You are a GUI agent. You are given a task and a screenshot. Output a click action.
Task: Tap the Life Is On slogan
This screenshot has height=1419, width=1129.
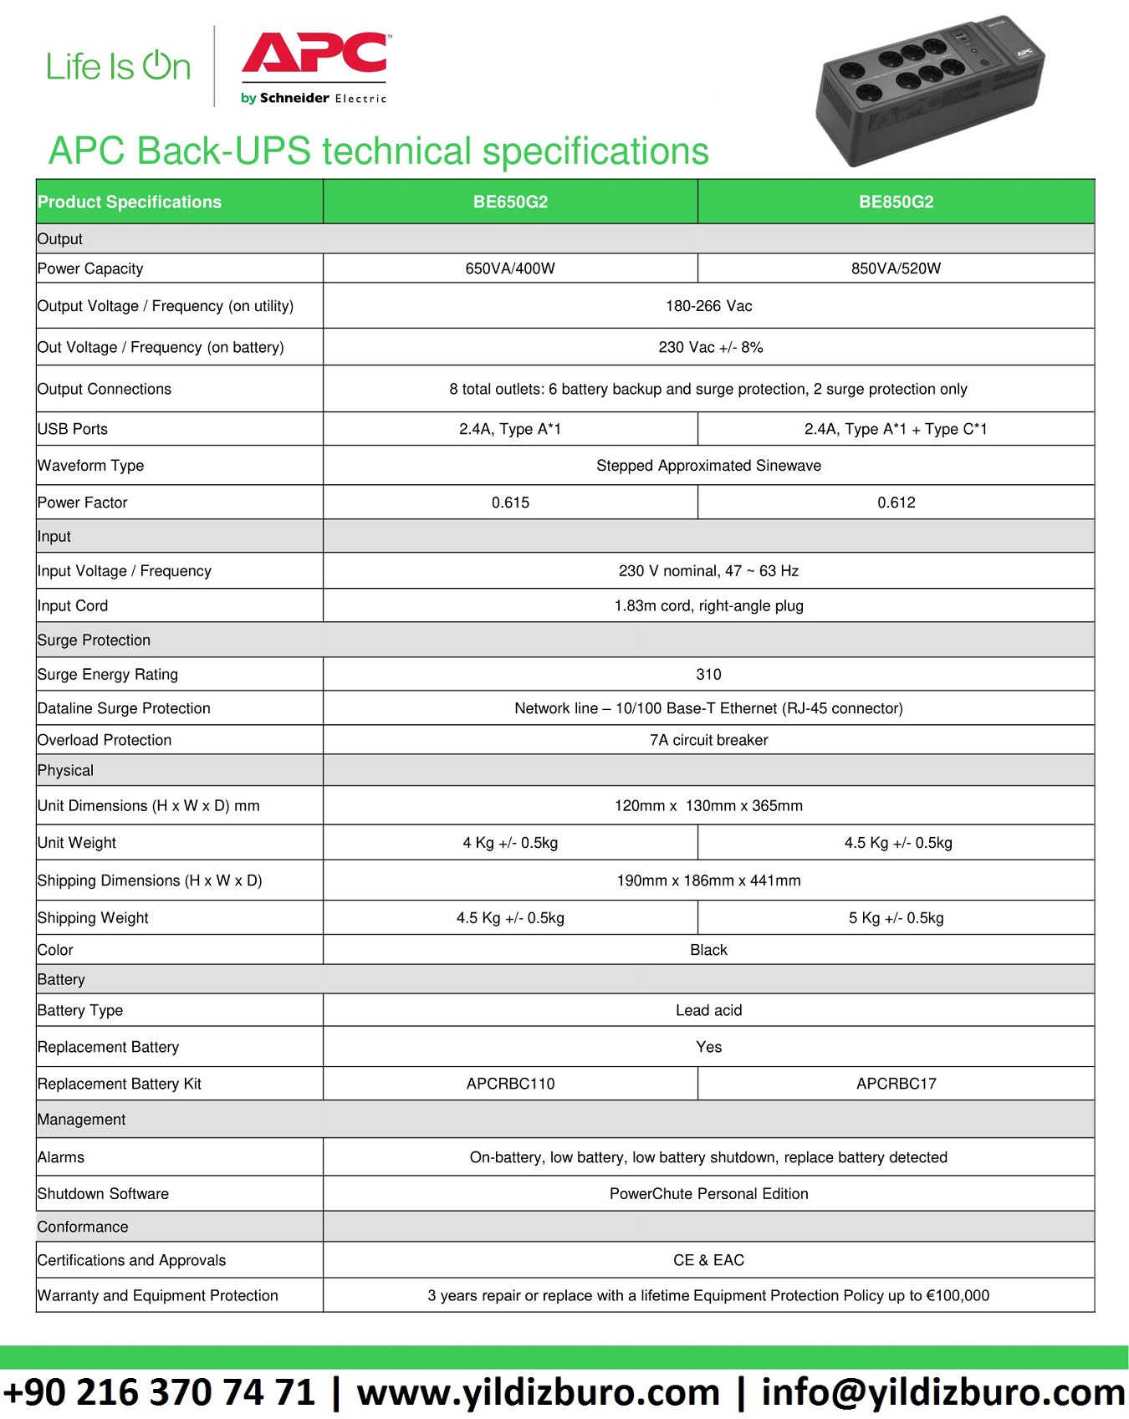[118, 67]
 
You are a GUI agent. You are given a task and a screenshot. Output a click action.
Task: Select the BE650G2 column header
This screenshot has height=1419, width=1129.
[510, 202]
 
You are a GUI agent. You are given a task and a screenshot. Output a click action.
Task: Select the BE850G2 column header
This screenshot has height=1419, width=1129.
[896, 202]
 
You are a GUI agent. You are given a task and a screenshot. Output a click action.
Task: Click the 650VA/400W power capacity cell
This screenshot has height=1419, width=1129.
[510, 268]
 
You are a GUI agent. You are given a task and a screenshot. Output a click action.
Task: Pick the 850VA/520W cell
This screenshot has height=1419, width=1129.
[896, 268]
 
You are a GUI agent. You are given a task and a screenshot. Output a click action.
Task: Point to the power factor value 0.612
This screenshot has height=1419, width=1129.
[896, 503]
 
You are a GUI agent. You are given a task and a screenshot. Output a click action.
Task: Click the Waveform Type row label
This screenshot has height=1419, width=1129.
[90, 466]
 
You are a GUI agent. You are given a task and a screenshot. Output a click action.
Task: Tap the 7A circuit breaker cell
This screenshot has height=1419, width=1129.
[708, 740]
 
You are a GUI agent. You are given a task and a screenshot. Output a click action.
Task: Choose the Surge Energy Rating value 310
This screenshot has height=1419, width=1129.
[708, 674]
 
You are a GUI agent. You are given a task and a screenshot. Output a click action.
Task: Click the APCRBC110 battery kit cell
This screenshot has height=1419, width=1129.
[510, 1084]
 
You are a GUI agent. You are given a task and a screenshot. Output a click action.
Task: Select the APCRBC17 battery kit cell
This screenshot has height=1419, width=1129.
[896, 1084]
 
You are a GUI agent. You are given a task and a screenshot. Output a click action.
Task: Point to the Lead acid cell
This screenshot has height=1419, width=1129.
[708, 1010]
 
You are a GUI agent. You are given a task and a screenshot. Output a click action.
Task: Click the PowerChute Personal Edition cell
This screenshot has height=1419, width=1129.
[708, 1194]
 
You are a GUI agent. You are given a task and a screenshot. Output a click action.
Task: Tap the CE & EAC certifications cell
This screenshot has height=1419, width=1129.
[708, 1260]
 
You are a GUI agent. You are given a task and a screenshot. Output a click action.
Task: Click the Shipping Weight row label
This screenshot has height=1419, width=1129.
[93, 918]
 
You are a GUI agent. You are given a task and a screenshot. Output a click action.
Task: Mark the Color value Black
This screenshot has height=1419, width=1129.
[708, 950]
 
